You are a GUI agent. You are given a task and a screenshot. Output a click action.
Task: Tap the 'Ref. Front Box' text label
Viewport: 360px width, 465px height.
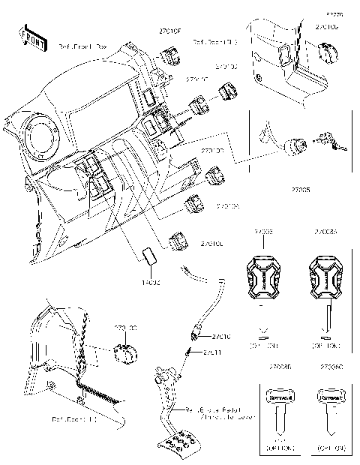pos(82,46)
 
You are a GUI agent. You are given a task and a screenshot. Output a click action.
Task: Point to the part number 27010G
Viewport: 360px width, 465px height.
pos(326,27)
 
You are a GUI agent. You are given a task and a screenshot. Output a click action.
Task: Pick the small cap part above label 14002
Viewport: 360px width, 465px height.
pos(145,255)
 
